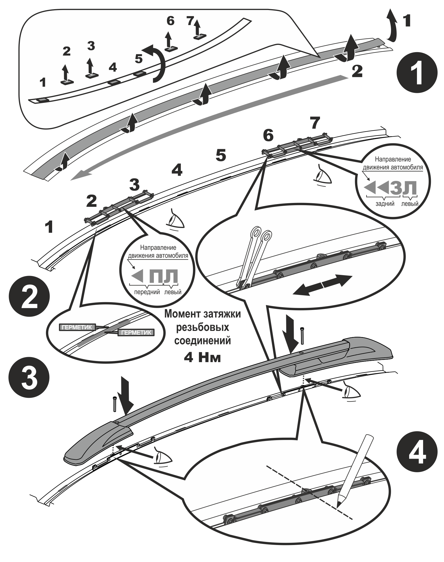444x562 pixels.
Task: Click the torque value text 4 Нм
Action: tap(202, 358)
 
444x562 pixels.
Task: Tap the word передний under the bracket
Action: tap(147, 292)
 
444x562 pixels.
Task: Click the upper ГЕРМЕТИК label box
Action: tap(77, 327)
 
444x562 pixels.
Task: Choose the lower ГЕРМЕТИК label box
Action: tap(136, 333)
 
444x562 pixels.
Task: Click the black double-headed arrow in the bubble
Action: tap(322, 285)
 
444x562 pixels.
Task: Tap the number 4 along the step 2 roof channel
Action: tap(177, 170)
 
